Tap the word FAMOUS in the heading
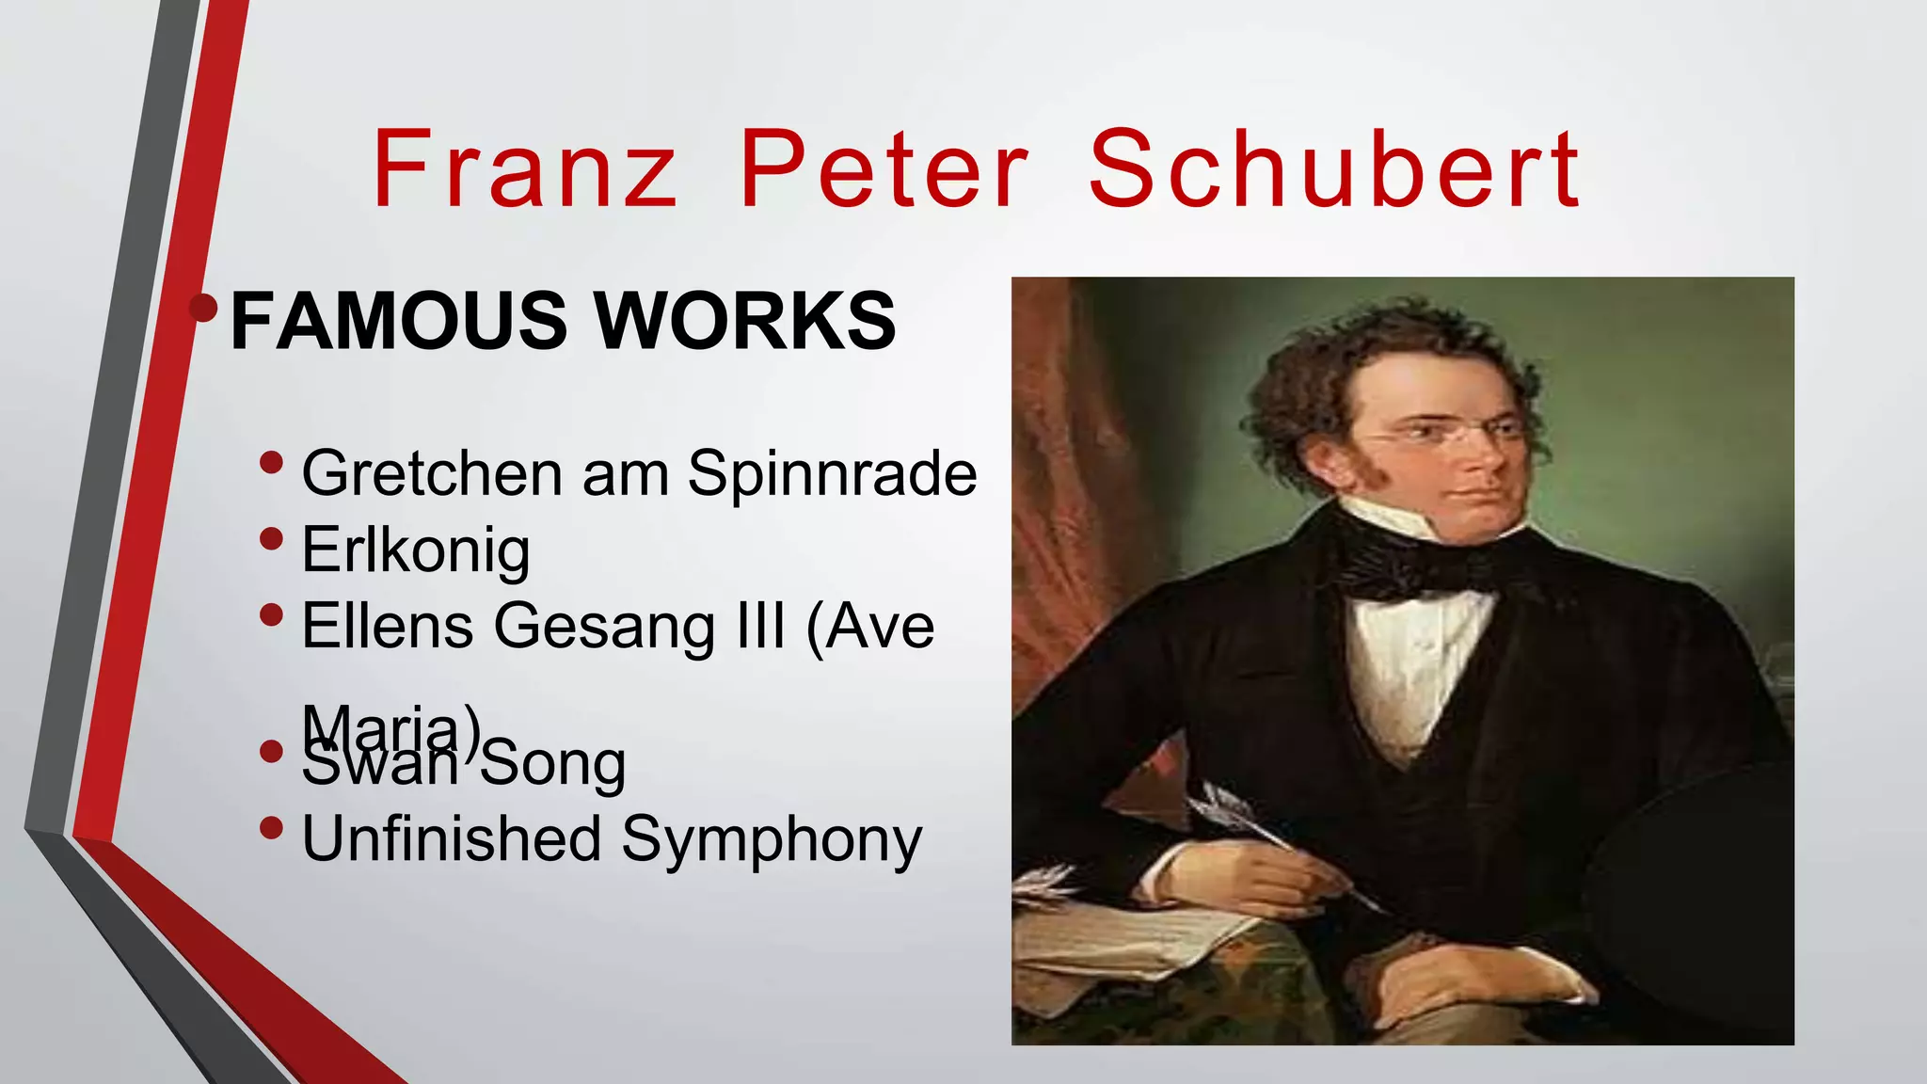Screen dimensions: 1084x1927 pyautogui.click(x=398, y=321)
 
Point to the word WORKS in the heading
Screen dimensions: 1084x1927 pyautogui.click(x=745, y=321)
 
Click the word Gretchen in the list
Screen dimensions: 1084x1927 pyautogui.click(x=431, y=472)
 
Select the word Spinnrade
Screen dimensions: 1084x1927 pyautogui.click(x=832, y=474)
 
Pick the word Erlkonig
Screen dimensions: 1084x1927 pyautogui.click(x=415, y=550)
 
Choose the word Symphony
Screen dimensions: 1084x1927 pyautogui.click(x=772, y=840)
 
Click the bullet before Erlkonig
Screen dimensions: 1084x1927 pyautogui.click(x=271, y=539)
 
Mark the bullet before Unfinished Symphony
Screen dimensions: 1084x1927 pyautogui.click(x=271, y=828)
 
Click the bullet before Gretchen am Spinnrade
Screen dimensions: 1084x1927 pyautogui.click(x=271, y=462)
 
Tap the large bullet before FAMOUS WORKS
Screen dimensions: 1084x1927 pyautogui.click(x=203, y=307)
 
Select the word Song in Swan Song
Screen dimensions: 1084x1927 pyautogui.click(x=553, y=764)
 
